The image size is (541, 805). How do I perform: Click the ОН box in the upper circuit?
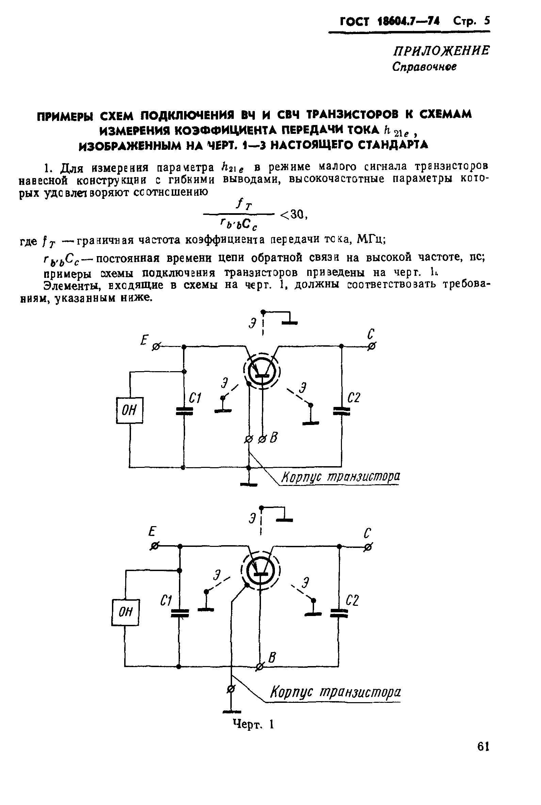[129, 410]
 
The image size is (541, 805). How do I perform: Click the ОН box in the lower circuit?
[125, 612]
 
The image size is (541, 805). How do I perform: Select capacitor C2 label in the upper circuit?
[354, 398]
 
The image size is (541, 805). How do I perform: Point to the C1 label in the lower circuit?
[166, 601]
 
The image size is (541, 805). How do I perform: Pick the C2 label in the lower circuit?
[352, 601]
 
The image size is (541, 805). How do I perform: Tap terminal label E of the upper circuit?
[144, 341]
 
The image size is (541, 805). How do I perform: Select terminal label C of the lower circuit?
[367, 534]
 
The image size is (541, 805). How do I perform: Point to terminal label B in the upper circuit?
[274, 438]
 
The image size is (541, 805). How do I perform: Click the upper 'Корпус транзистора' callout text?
[341, 477]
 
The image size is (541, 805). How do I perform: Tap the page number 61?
[483, 747]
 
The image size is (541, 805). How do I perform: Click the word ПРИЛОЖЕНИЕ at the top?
[441, 51]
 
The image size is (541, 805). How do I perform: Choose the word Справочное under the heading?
[424, 67]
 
